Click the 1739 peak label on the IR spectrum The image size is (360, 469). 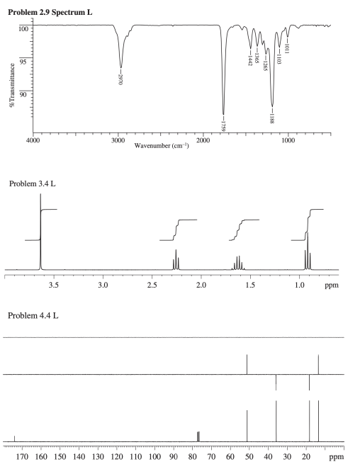click(x=224, y=125)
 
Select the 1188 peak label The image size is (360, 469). click(x=273, y=118)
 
